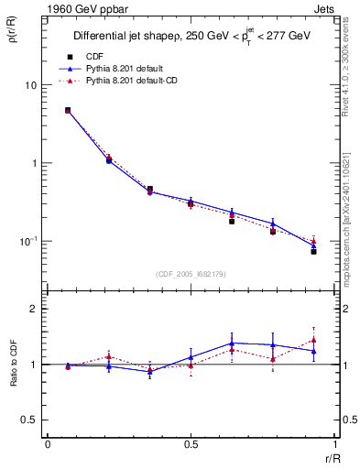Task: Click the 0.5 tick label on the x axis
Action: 191,443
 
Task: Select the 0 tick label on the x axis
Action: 48,443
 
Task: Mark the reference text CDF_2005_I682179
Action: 191,274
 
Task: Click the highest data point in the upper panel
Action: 68,110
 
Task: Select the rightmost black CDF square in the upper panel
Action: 313,251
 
